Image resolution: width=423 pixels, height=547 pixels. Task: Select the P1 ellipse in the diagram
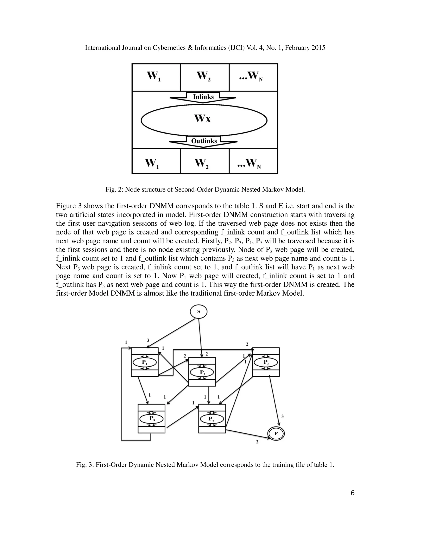click(144, 362)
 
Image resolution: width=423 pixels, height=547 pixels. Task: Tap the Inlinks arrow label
click(203, 97)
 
